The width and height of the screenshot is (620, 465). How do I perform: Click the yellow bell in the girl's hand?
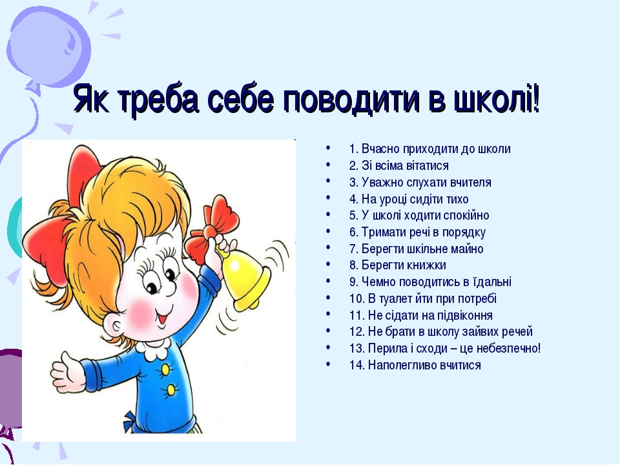pyautogui.click(x=245, y=280)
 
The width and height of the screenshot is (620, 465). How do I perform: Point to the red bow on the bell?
pyautogui.click(x=212, y=231)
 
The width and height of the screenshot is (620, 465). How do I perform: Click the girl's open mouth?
pyautogui.click(x=163, y=317)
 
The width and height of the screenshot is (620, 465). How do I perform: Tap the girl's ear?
pyautogui.click(x=115, y=325)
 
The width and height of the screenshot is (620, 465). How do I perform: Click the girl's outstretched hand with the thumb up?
pyautogui.click(x=68, y=372)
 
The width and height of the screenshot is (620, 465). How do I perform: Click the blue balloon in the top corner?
pyautogui.click(x=48, y=46)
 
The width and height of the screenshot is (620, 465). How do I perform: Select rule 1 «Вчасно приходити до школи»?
pyautogui.click(x=430, y=149)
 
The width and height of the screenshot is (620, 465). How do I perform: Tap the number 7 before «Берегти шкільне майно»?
pyautogui.click(x=353, y=249)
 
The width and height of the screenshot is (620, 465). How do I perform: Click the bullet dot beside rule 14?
pyautogui.click(x=328, y=363)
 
